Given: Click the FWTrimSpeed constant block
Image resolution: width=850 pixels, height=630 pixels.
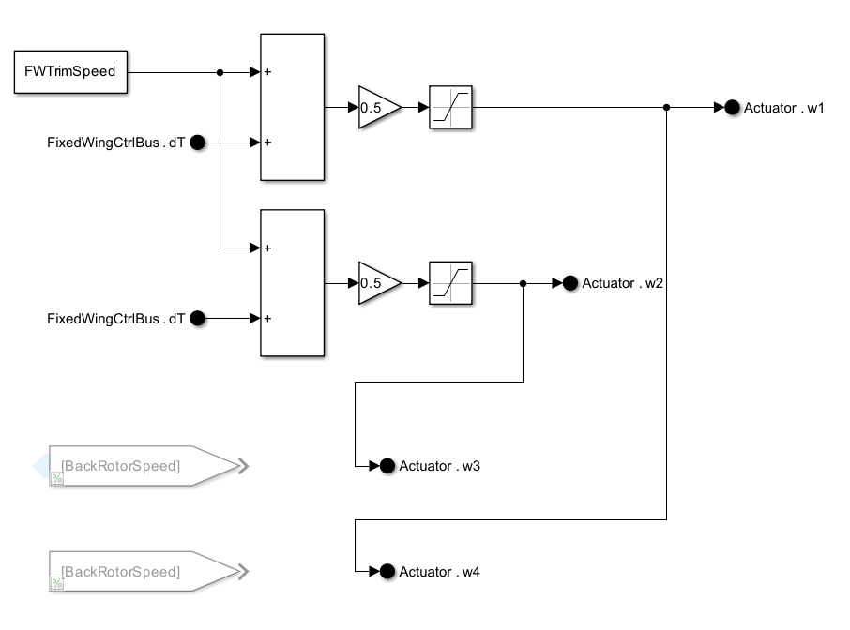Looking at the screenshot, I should point(70,72).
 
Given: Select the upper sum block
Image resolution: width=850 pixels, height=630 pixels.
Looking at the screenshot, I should point(292,107).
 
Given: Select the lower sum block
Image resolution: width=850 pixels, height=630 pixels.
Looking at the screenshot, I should point(292,283).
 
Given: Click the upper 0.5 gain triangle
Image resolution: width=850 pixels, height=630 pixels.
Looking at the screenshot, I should point(376,108).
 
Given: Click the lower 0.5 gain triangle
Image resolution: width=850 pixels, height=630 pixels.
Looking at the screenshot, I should point(376,283).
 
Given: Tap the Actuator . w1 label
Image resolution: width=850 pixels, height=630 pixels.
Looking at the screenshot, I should point(783,108).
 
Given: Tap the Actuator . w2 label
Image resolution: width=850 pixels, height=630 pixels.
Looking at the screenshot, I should point(622,283).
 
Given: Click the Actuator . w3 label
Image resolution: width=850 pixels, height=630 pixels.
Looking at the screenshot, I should point(439,466).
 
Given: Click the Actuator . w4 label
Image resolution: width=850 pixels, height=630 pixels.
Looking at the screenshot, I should point(439,572).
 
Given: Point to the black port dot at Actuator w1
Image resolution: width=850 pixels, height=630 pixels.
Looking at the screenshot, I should point(732,108).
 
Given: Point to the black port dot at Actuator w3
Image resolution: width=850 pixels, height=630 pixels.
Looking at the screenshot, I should point(387,466).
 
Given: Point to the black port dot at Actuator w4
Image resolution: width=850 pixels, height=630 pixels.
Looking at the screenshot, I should point(387,572).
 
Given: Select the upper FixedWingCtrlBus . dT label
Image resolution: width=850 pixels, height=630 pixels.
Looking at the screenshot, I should point(115,143).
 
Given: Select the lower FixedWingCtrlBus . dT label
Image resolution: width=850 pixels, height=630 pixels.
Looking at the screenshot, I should point(115,319).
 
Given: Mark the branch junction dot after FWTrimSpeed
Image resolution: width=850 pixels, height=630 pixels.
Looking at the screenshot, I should point(220,72).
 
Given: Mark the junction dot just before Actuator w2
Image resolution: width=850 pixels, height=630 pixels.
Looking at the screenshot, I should point(524,283).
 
